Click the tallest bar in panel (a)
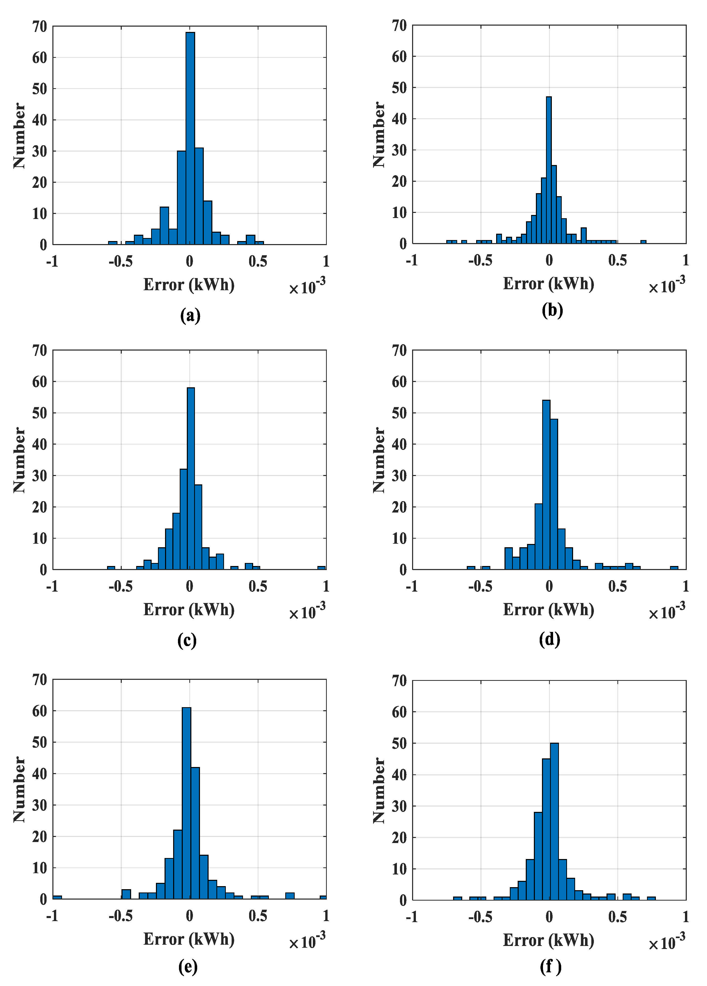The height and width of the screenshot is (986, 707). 190,139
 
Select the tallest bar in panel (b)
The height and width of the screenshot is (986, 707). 549,170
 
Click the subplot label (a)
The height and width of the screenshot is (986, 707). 190,315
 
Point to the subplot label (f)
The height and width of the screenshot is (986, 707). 550,966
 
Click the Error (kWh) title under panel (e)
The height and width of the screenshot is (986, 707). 189,939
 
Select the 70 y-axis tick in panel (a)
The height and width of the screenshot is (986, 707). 39,27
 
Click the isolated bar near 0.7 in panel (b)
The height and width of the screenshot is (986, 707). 643,241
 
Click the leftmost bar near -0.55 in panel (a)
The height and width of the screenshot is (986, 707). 112,243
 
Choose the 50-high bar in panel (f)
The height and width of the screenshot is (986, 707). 554,822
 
